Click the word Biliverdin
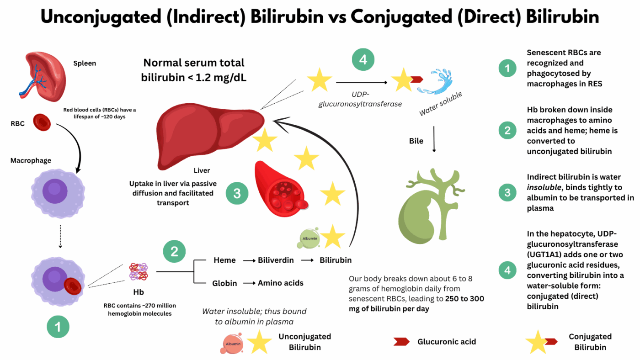tap(276, 260)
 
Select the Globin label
tap(224, 283)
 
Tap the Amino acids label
tap(280, 283)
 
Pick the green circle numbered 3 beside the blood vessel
tap(237, 193)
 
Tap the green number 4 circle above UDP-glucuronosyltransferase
tap(363, 60)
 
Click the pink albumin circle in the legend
tap(232, 342)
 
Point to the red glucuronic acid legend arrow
tap(401, 341)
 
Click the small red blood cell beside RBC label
tap(42, 122)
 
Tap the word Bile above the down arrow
tap(416, 141)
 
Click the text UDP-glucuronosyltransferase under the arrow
tap(360, 100)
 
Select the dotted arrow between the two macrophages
tap(60, 238)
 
